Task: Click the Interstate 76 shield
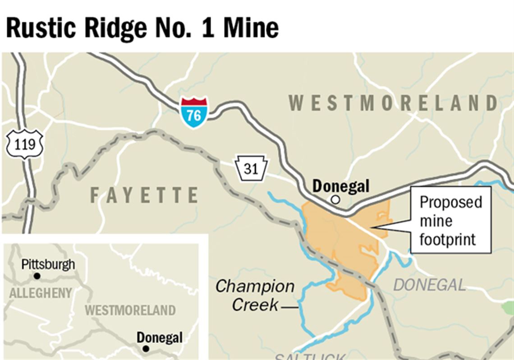pos(194,112)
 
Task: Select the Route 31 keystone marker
pos(251,169)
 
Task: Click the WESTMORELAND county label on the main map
pos(394,103)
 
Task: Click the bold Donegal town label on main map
pos(341,186)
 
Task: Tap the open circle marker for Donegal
pos(335,199)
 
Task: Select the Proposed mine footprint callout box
pos(450,221)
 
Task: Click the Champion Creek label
pos(255,295)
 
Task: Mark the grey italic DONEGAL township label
pos(429,285)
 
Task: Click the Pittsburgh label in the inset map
pos(48,264)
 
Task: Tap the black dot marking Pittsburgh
pos(37,276)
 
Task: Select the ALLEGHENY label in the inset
pos(41,293)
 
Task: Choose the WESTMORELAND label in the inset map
pos(130,310)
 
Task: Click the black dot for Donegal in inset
pos(145,348)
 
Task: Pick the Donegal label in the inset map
pos(160,337)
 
